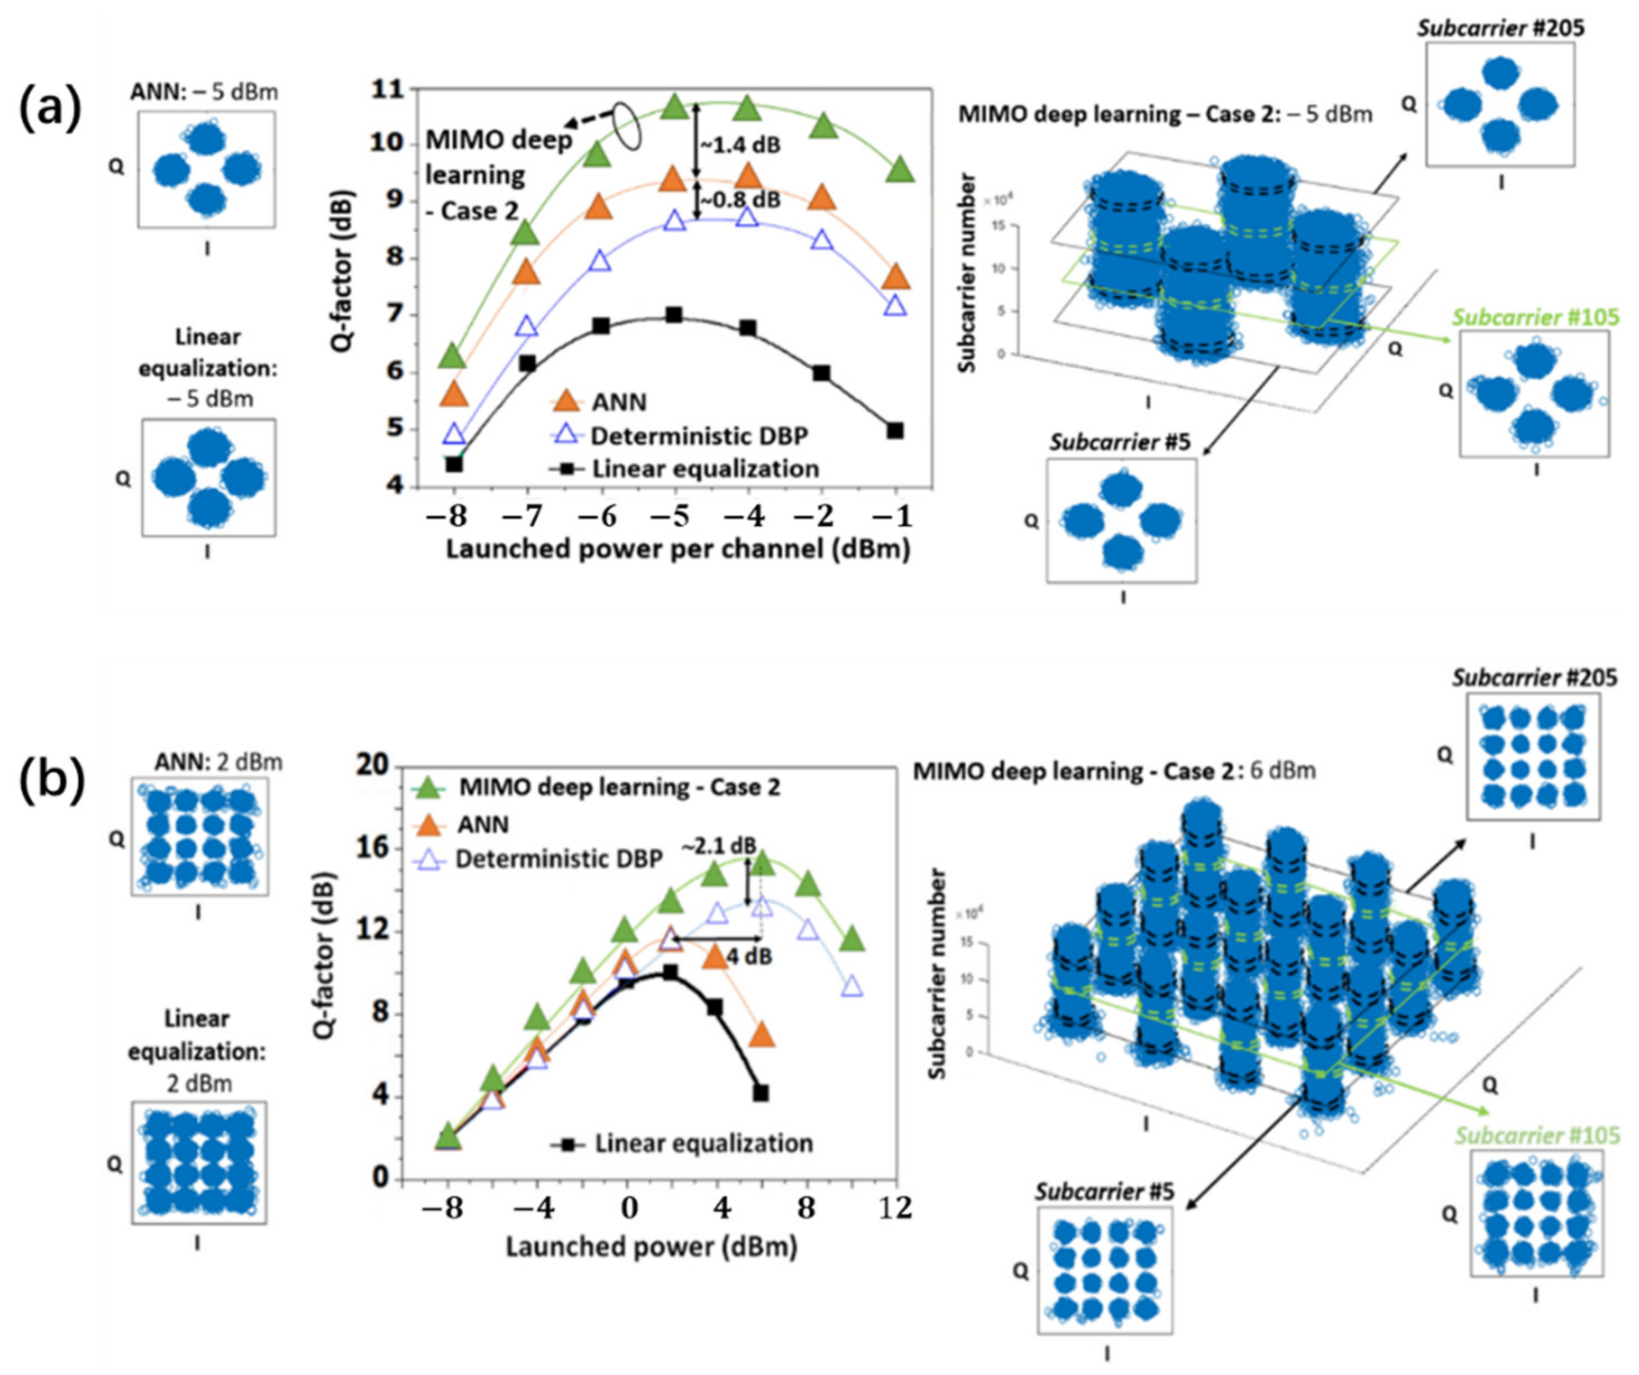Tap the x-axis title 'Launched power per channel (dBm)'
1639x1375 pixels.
677,549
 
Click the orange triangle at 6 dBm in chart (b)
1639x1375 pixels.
762,1036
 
